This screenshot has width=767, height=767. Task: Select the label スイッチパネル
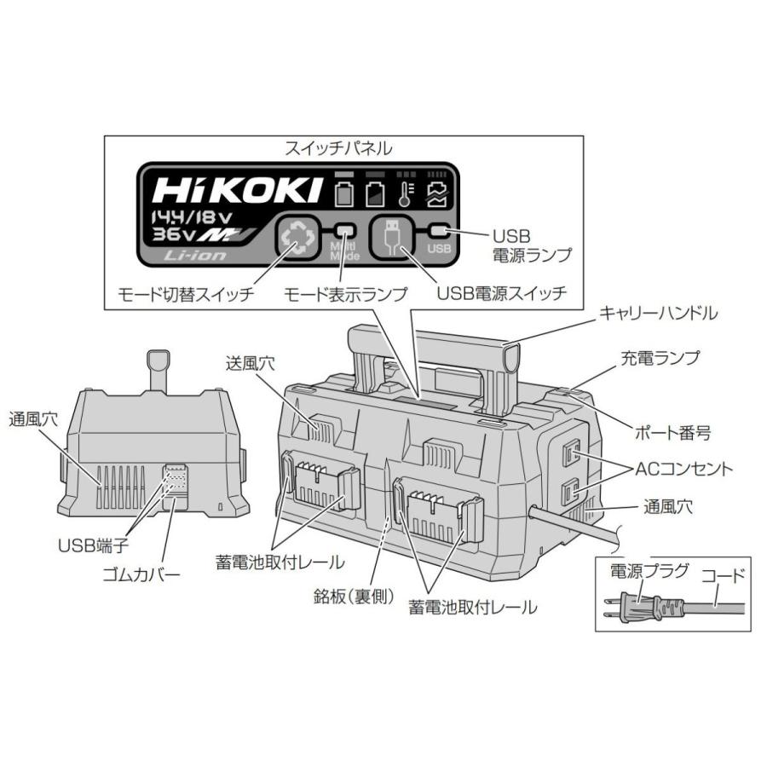coord(338,147)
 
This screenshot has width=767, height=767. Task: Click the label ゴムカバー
coord(141,574)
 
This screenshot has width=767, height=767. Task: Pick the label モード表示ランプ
coord(345,294)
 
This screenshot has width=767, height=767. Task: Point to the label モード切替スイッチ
coord(187,294)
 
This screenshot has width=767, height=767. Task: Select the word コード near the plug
coord(721,576)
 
